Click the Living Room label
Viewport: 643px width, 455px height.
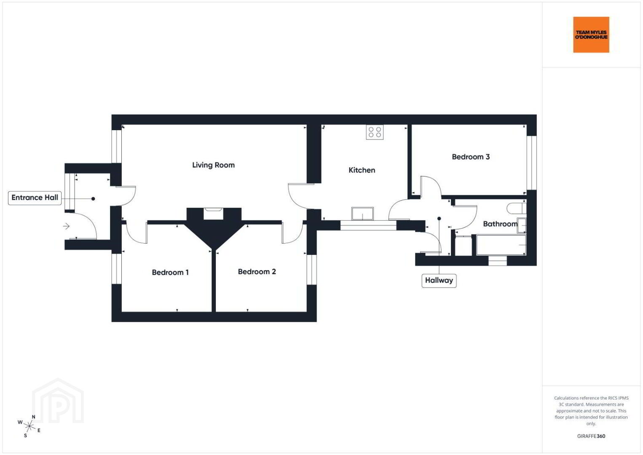click(x=213, y=165)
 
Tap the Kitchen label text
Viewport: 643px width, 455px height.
click(x=362, y=170)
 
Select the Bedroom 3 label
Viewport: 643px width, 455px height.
click(x=471, y=157)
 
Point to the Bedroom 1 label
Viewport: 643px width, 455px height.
click(x=170, y=272)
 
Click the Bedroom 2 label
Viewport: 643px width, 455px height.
click(x=257, y=272)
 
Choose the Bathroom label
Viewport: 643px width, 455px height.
click(x=500, y=224)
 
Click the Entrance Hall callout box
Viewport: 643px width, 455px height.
click(x=35, y=198)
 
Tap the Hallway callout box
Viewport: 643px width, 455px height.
click(x=439, y=281)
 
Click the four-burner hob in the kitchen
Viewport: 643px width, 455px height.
click(x=375, y=132)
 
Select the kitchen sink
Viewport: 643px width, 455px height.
click(x=362, y=214)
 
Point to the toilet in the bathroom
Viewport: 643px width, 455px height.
click(x=517, y=208)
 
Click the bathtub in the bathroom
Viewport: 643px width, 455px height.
click(x=501, y=245)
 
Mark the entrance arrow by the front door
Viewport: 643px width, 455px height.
click(x=66, y=226)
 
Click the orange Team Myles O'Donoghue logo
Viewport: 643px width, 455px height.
click(x=591, y=35)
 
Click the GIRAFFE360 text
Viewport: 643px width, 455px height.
click(x=591, y=436)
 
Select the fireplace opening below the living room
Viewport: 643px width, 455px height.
click(x=213, y=214)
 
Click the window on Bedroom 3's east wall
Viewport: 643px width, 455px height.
click(x=532, y=163)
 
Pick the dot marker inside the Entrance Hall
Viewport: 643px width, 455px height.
click(x=93, y=199)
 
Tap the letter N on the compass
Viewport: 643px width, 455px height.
click(x=34, y=417)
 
